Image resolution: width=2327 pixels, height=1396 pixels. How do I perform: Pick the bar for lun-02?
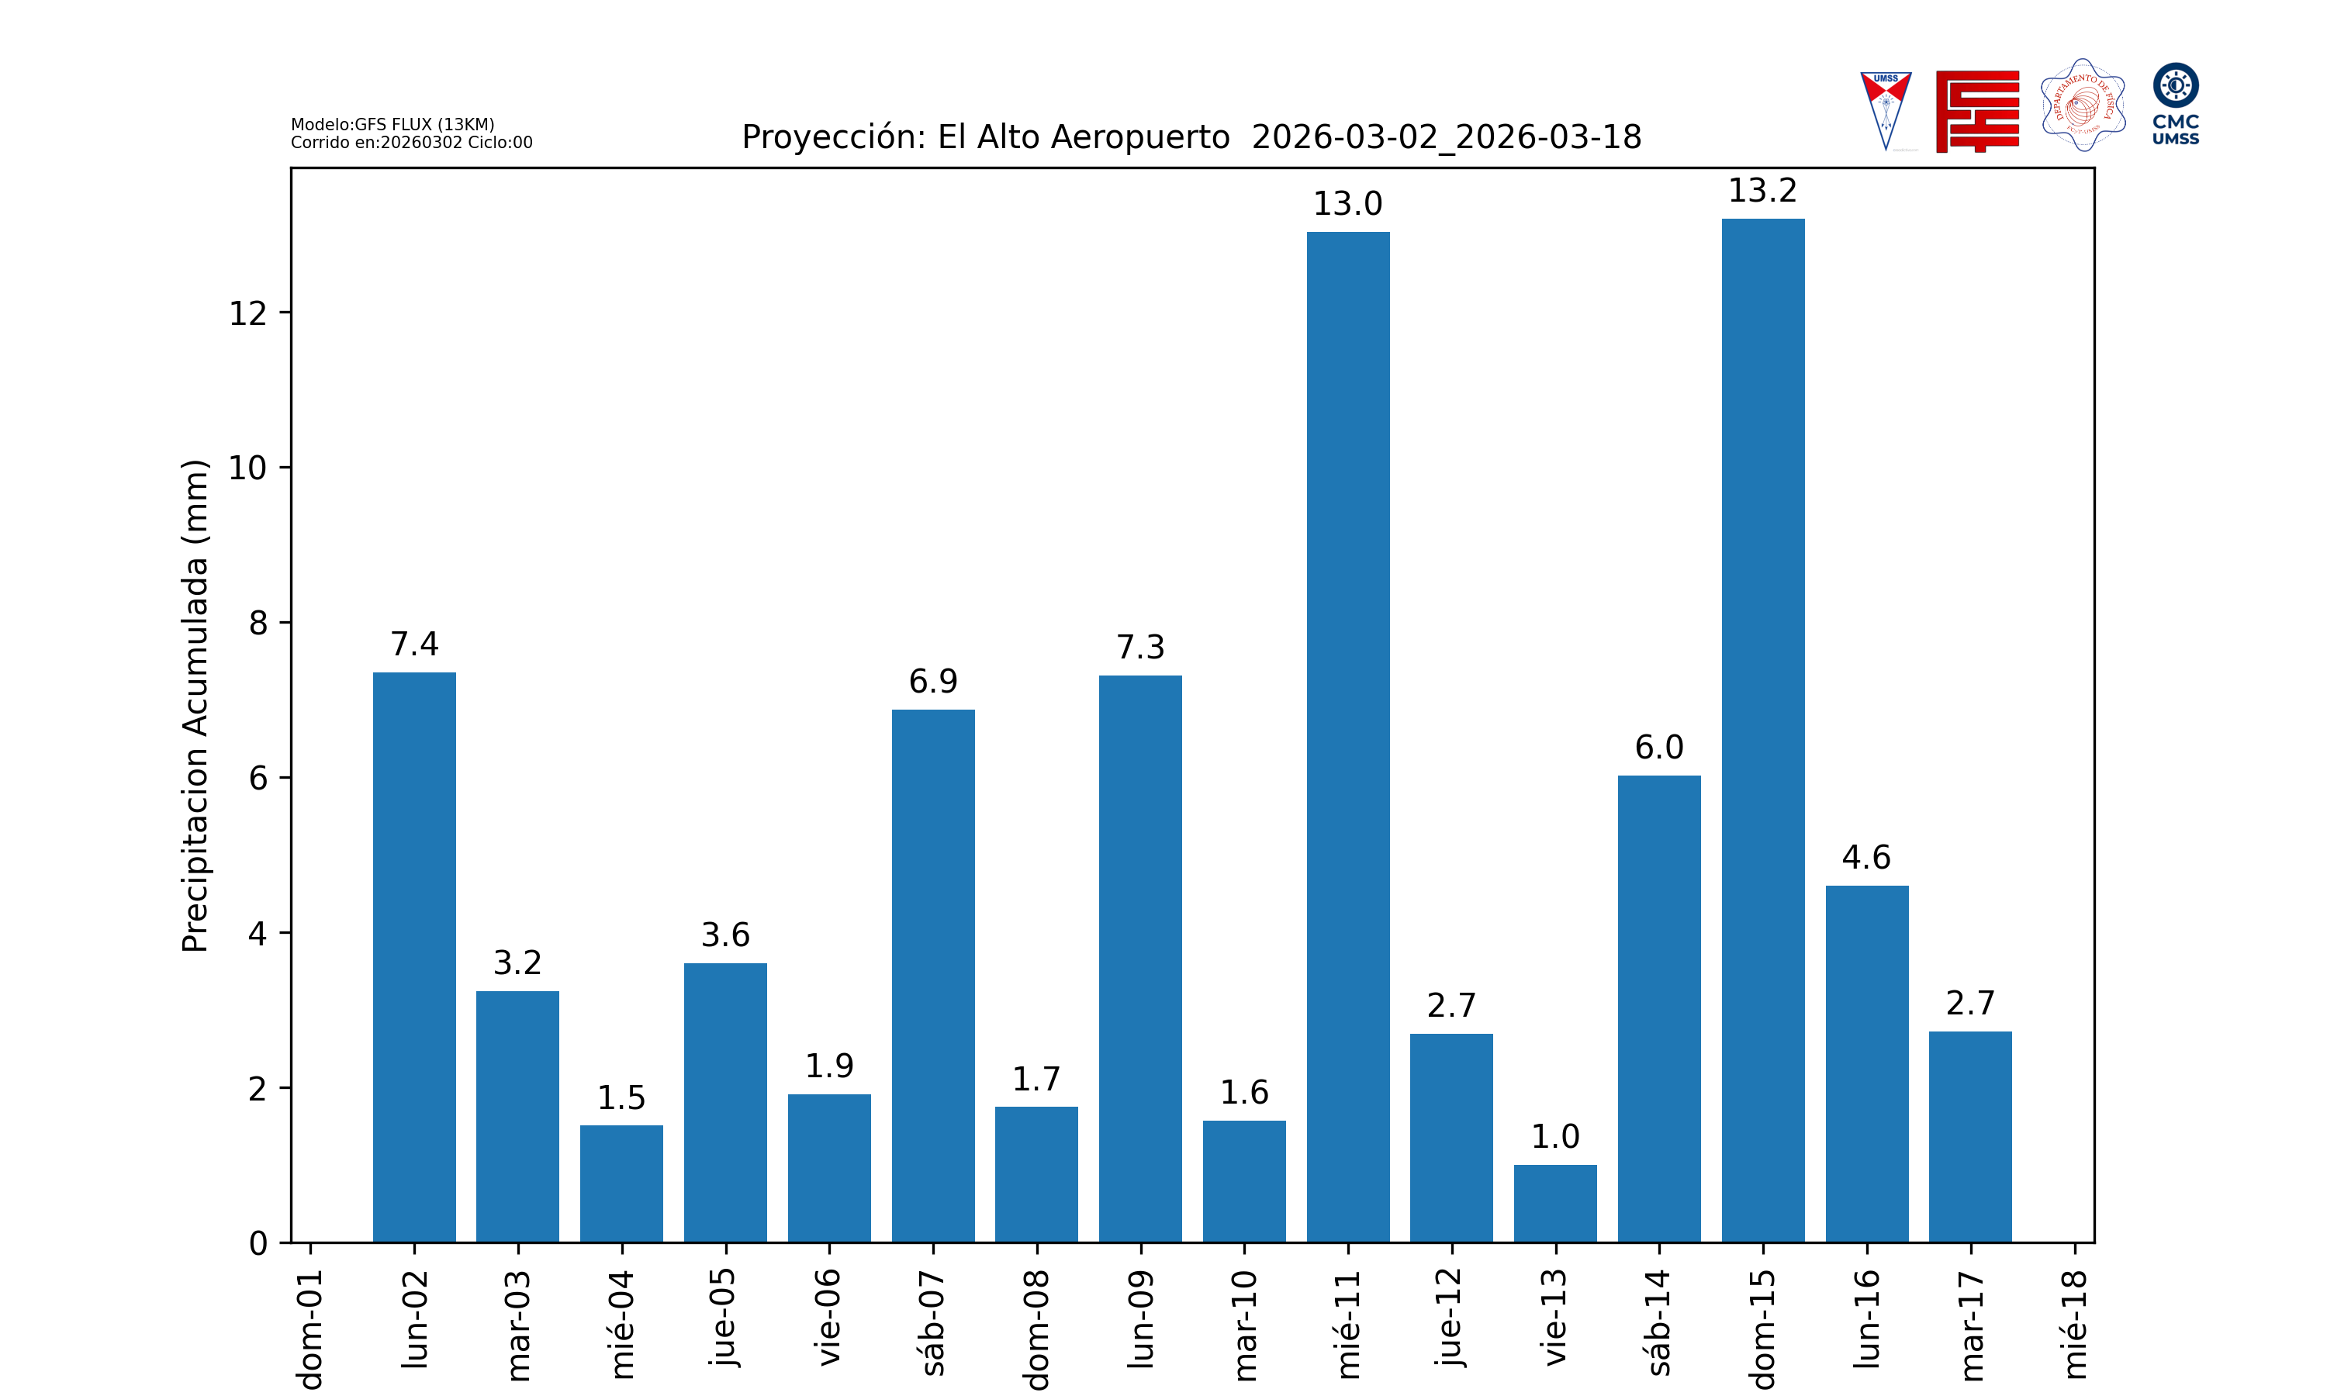(x=414, y=957)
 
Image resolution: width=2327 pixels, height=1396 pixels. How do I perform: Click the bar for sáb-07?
(x=933, y=976)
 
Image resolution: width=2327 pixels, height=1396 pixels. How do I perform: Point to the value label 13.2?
(x=1762, y=191)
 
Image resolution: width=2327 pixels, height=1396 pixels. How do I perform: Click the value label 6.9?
(x=933, y=681)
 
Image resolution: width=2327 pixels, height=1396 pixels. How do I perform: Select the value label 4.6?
(x=1866, y=857)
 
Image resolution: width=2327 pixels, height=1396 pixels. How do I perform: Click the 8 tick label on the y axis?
(x=258, y=623)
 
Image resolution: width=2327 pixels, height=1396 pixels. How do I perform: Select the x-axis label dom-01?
(x=310, y=1329)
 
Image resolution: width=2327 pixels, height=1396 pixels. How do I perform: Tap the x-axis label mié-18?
(x=2074, y=1324)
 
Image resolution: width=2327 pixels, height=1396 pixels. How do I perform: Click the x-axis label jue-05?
(x=725, y=1317)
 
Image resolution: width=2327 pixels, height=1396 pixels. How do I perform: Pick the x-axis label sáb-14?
(x=1659, y=1322)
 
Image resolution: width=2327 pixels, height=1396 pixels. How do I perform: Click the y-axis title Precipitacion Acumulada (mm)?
(x=195, y=706)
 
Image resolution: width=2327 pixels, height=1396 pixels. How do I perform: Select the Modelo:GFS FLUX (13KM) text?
(x=392, y=124)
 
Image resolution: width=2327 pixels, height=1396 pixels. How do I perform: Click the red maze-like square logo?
(x=1977, y=111)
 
